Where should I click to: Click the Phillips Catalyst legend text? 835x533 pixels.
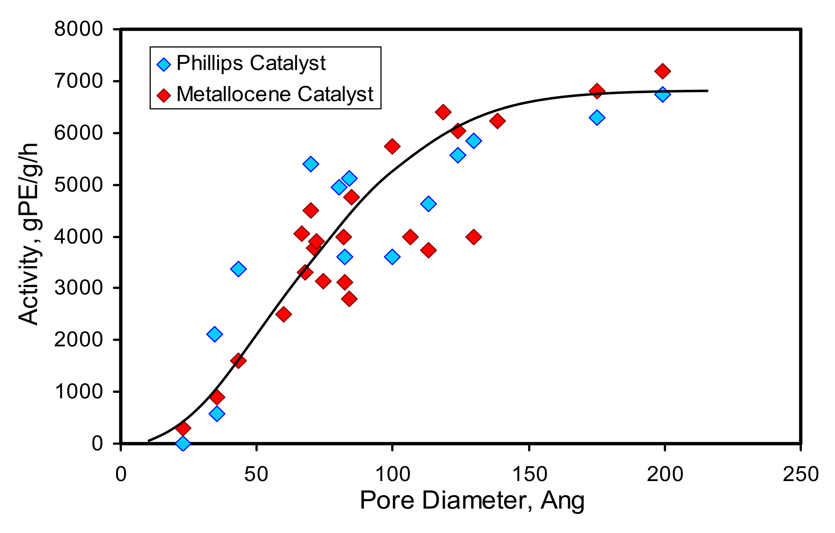pyautogui.click(x=251, y=64)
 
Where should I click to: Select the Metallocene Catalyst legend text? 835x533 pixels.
pyautogui.click(x=275, y=94)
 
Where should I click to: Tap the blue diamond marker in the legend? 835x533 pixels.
pyautogui.click(x=164, y=64)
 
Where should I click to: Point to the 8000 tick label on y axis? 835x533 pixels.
pyautogui.click(x=78, y=29)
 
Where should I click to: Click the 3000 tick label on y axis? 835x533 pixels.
pyautogui.click(x=78, y=288)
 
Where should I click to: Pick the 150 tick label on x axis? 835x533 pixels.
pyautogui.click(x=529, y=474)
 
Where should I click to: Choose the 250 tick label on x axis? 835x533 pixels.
pyautogui.click(x=800, y=474)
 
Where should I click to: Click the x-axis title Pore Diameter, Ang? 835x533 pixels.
pyautogui.click(x=472, y=501)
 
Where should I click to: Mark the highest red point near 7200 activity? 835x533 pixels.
pyautogui.click(x=662, y=71)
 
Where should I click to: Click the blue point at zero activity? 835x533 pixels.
pyautogui.click(x=183, y=443)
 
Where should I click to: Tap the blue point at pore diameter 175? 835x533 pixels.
pyautogui.click(x=597, y=118)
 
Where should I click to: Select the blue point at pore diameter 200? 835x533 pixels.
pyautogui.click(x=662, y=94)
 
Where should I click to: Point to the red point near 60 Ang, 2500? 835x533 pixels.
pyautogui.click(x=284, y=314)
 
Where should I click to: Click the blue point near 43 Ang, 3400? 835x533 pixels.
pyautogui.click(x=238, y=269)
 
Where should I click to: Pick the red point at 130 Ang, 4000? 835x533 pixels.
pyautogui.click(x=473, y=236)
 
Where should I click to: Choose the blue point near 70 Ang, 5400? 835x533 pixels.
pyautogui.click(x=311, y=164)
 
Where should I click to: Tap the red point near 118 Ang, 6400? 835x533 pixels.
pyautogui.click(x=443, y=112)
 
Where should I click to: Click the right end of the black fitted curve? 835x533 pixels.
pyautogui.click(x=707, y=91)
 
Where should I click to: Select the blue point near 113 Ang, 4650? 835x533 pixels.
pyautogui.click(x=428, y=204)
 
